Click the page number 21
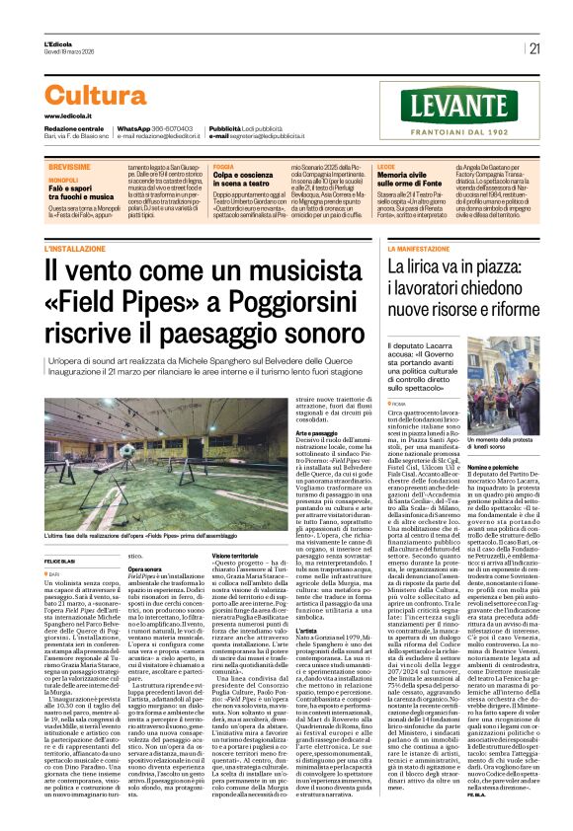534,47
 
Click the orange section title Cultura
95,95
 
